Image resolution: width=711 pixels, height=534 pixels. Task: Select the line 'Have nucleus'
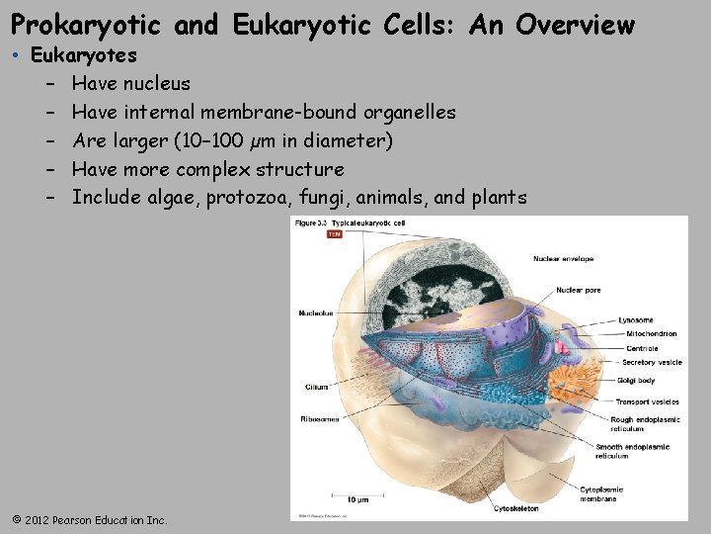coord(130,83)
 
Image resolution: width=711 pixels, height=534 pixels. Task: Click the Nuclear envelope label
coord(563,259)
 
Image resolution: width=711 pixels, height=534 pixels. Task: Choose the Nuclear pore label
coord(578,291)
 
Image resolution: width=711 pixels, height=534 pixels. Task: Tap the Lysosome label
coord(635,320)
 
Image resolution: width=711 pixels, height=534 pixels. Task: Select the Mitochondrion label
coord(651,334)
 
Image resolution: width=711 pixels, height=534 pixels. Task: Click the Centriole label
coord(641,348)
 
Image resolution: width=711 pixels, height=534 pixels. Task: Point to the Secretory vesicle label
coord(652,363)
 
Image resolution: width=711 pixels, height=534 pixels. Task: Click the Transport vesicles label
coord(647,402)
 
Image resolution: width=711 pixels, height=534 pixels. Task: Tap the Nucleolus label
coord(316,313)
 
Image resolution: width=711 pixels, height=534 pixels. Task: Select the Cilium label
coord(316,388)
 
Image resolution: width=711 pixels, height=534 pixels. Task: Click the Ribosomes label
coord(319,419)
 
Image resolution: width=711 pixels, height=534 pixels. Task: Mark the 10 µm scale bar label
coord(356,500)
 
